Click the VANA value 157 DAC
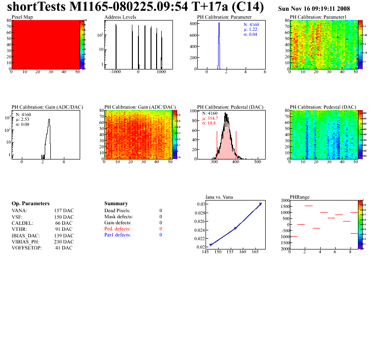[x=64, y=211]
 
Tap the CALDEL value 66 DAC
[x=65, y=223]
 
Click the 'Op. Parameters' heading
[x=30, y=204]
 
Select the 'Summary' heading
[x=116, y=204]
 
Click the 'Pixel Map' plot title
[x=22, y=17]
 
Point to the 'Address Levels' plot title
[x=120, y=17]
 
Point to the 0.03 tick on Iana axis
[x=200, y=204]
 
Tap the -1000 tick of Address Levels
[x=116, y=72]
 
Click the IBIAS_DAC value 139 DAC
[x=64, y=235]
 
